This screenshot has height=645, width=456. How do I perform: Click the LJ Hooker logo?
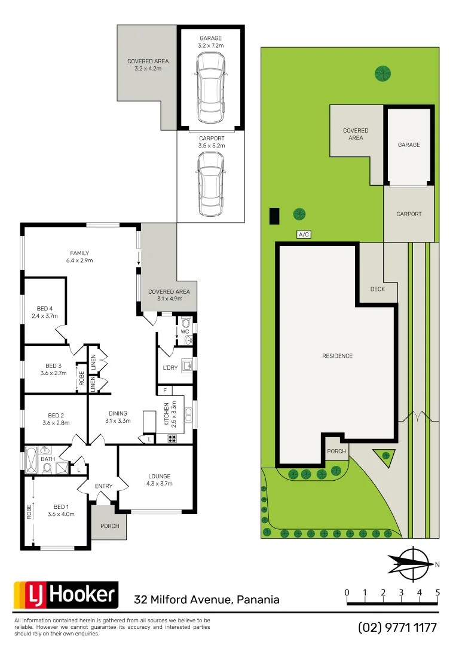[x=66, y=595]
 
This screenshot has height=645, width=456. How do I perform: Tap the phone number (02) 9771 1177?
[x=397, y=628]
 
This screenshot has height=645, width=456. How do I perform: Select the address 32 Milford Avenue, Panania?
[x=207, y=600]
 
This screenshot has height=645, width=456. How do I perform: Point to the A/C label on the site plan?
[x=304, y=235]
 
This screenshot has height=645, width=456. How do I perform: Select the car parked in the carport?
[x=211, y=185]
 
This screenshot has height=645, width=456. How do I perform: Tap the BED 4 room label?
[x=46, y=312]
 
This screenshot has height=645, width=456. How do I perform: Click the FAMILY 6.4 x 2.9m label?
[x=79, y=257]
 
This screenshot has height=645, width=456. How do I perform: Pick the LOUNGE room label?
[x=160, y=480]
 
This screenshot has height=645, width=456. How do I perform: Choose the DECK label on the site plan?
[x=377, y=289]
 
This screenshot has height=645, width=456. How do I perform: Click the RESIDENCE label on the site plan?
[x=337, y=356]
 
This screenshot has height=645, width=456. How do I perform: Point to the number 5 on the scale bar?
[x=438, y=592]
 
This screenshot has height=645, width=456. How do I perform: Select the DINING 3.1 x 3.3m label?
[x=118, y=417]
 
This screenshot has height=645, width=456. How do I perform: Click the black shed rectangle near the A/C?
[x=274, y=216]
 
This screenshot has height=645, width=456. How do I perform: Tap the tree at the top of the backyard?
[x=382, y=73]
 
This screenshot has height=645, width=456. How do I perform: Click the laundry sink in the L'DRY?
[x=187, y=365]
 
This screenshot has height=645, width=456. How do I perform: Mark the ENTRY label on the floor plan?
[x=103, y=486]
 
